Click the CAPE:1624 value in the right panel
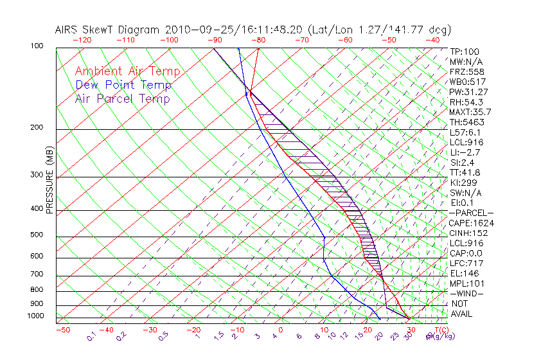[x=471, y=223]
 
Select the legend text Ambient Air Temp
[x=127, y=72]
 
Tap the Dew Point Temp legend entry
[x=123, y=85]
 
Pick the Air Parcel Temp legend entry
[x=122, y=99]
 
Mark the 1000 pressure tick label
[x=36, y=316]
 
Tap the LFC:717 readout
[x=466, y=264]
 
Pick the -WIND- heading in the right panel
[x=467, y=294]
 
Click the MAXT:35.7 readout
[x=470, y=112]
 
